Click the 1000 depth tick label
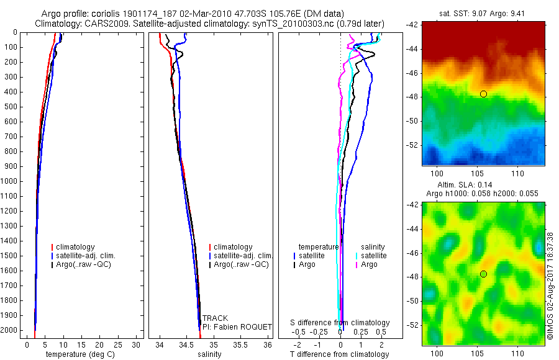click(x=9, y=181)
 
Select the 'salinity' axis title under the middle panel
click(x=210, y=354)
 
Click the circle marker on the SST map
click(x=483, y=94)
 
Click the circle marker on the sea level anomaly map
click(x=483, y=274)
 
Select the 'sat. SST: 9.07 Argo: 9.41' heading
click(x=484, y=13)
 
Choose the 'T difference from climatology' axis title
click(x=340, y=354)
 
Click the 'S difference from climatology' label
click(x=340, y=323)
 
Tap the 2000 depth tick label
click(x=9, y=330)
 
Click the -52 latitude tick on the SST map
click(x=412, y=145)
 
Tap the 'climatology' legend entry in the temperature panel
click(x=76, y=247)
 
